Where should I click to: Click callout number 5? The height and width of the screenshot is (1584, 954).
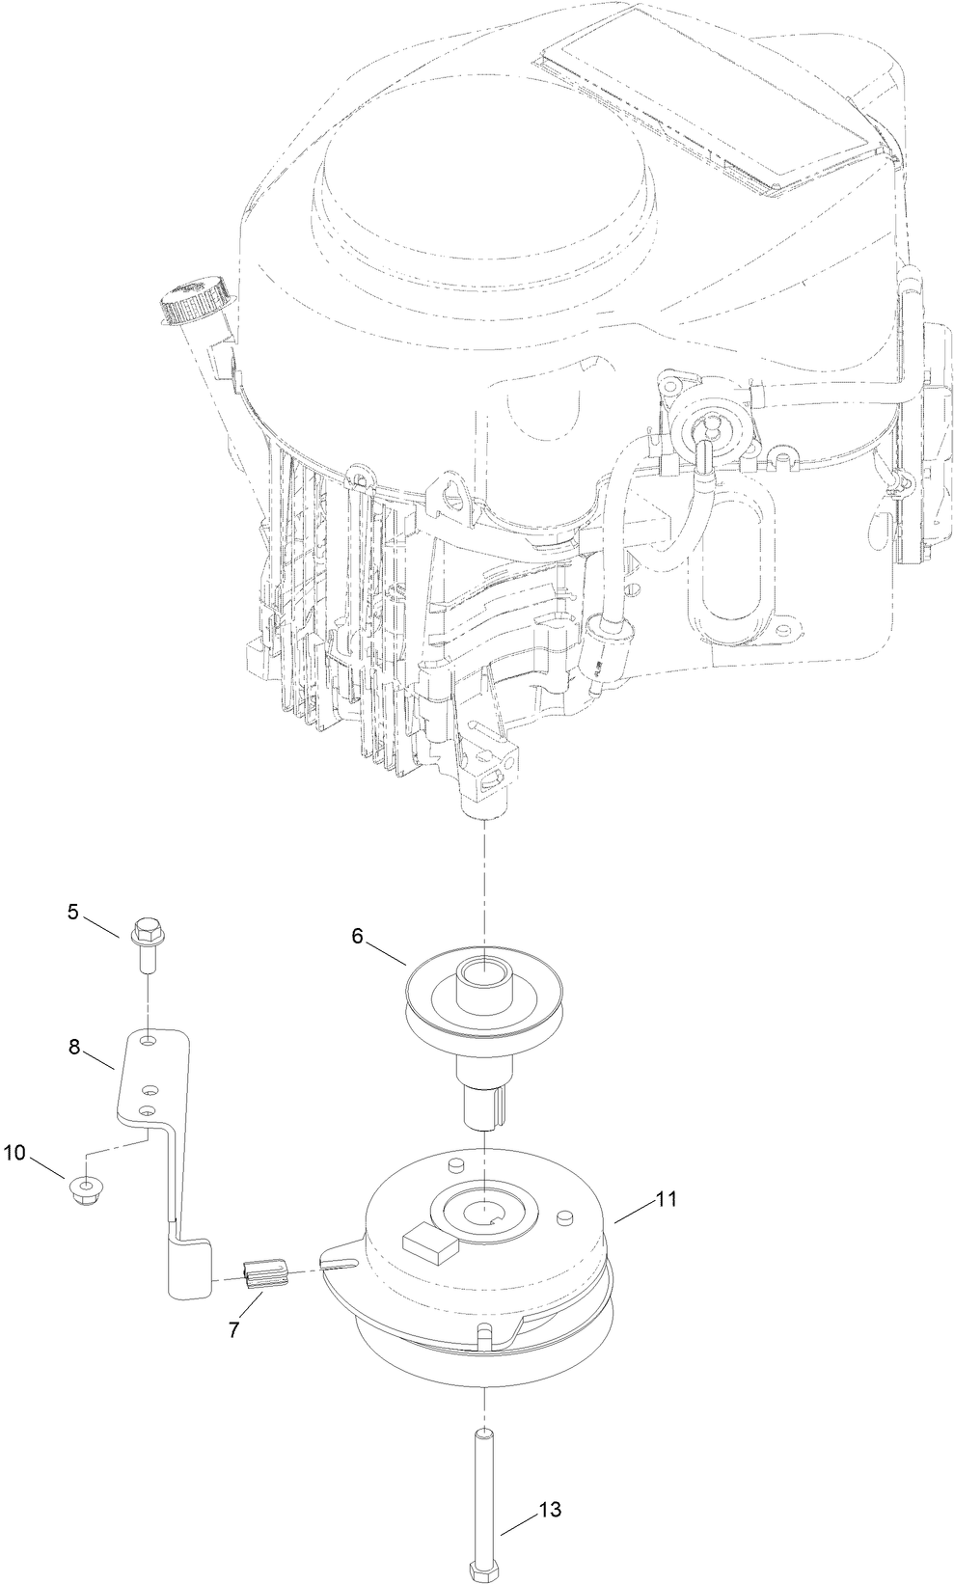point(73,910)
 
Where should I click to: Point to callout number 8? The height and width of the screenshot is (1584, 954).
point(73,1048)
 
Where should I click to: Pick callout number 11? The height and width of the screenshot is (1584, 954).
point(666,1200)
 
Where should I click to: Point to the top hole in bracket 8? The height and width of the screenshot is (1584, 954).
point(147,1043)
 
